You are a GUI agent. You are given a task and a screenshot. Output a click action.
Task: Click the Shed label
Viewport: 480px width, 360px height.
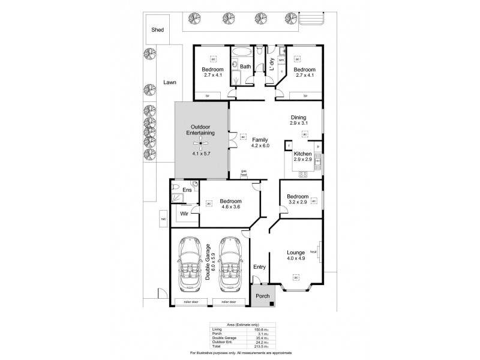157,29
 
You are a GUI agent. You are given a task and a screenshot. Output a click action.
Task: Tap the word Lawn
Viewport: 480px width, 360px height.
169,83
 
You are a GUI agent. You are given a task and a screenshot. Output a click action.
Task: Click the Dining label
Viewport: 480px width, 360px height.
298,118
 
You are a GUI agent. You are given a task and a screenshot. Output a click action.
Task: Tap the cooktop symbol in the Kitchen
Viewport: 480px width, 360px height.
303,175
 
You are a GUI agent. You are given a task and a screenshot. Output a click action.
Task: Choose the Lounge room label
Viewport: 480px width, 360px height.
296,253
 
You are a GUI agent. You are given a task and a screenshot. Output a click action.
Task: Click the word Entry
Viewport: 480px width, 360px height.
259,267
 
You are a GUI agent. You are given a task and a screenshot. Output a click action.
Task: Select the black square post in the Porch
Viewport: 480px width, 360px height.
272,304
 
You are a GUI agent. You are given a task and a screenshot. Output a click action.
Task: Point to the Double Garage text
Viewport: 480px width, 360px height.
208,262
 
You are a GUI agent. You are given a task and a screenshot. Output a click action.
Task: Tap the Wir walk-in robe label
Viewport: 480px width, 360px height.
185,212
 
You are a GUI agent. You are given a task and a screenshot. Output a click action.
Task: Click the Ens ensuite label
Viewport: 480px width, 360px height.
187,190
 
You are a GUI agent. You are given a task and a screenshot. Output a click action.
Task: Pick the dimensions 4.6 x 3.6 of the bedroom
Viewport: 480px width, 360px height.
230,207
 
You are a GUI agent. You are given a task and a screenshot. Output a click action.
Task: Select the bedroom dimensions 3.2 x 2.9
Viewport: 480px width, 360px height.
297,203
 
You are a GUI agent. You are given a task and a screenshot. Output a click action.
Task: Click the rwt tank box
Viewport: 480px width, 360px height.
163,220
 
